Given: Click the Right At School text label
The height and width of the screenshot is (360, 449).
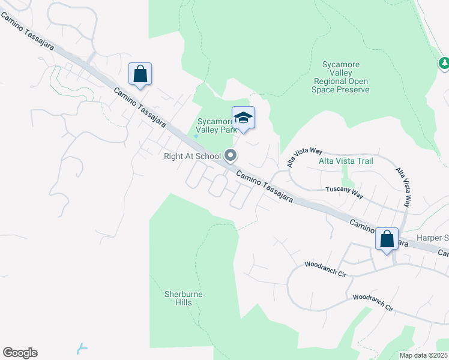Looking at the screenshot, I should [x=193, y=157].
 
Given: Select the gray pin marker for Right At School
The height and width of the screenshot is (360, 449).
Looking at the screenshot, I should [x=231, y=156].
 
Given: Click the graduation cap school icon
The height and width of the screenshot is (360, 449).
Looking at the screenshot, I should [x=243, y=117].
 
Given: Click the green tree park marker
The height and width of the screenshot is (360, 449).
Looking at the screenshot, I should [x=444, y=62].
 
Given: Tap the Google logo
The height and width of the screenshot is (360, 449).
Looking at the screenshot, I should [x=20, y=353].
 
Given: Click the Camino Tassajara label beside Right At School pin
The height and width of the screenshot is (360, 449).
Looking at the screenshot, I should [x=264, y=186].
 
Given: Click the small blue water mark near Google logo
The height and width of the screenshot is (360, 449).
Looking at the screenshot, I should [x=82, y=348].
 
